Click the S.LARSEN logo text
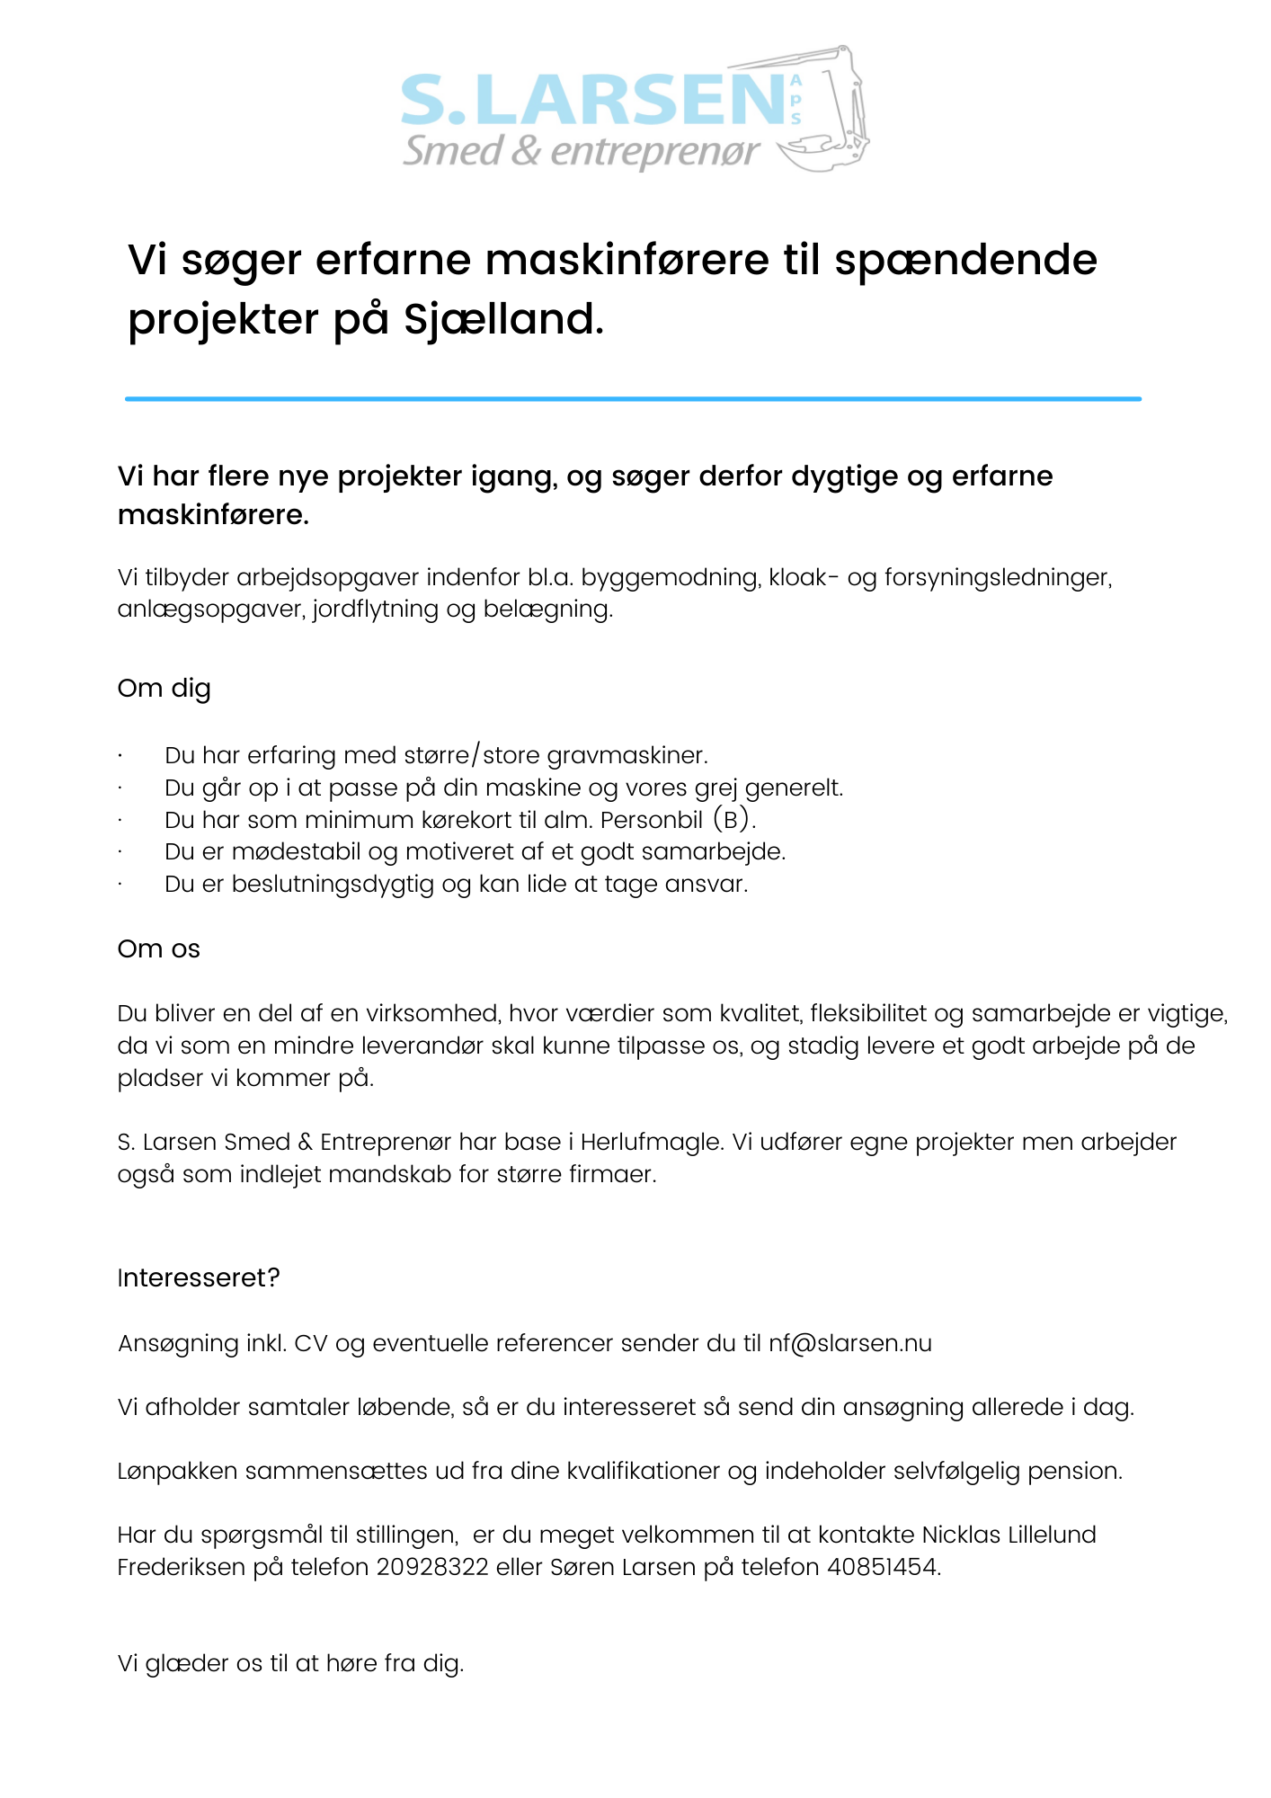[x=593, y=101]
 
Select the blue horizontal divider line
[x=633, y=398]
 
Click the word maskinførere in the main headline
[x=627, y=260]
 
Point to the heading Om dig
[x=164, y=689]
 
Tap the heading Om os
[x=158, y=949]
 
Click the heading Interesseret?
[x=199, y=1277]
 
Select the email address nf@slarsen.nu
[x=849, y=1343]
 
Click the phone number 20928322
[x=432, y=1567]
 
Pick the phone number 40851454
[x=883, y=1567]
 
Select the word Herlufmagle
[x=651, y=1142]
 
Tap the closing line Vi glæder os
[x=290, y=1663]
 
